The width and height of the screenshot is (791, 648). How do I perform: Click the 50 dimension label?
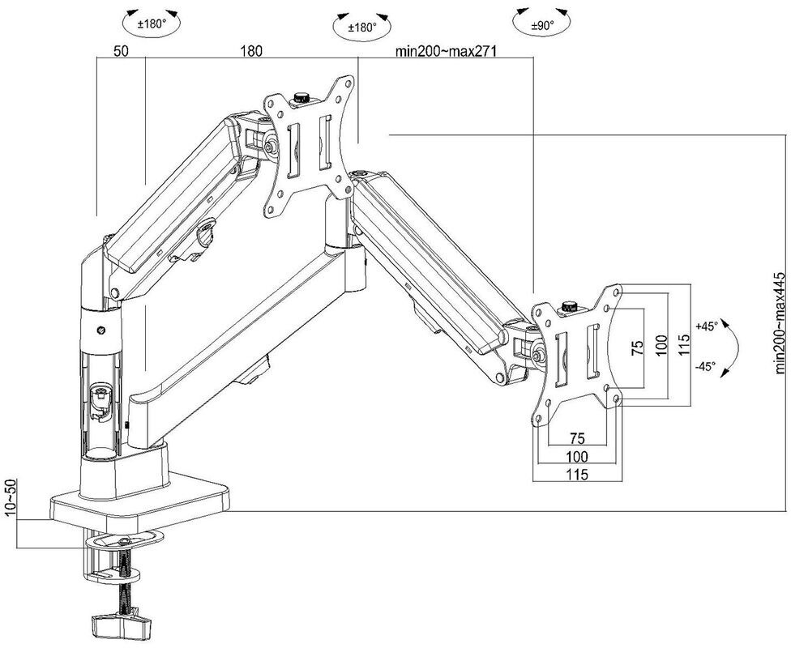[x=121, y=50]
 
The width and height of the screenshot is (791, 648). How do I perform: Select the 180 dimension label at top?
[x=251, y=50]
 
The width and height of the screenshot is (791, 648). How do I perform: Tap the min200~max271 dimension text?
[x=445, y=51]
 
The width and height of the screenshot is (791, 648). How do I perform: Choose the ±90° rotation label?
[x=542, y=26]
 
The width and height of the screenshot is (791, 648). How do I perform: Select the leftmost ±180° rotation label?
[x=151, y=24]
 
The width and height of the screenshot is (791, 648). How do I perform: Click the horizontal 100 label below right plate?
[x=576, y=457]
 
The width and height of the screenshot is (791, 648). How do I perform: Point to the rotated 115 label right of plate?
[x=684, y=344]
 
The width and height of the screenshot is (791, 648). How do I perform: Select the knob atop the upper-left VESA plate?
[x=304, y=97]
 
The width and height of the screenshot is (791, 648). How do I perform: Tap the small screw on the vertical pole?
[x=100, y=330]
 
